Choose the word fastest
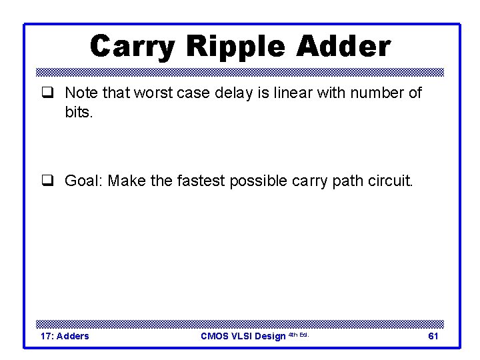[x=201, y=181]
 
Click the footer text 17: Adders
[x=65, y=336]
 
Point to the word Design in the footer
[x=270, y=336]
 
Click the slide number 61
[x=433, y=336]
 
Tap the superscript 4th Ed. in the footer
[x=298, y=334]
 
